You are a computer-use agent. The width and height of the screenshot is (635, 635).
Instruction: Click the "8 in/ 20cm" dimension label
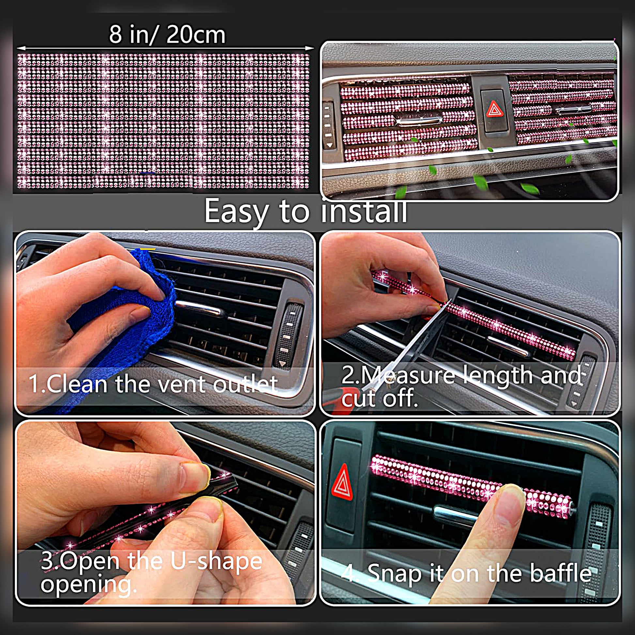(167, 35)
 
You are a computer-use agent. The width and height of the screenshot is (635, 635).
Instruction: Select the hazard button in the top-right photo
(494, 110)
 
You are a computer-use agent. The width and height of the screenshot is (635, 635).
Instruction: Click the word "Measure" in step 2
(408, 375)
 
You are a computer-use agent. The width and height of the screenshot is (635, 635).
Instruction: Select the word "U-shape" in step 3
(216, 561)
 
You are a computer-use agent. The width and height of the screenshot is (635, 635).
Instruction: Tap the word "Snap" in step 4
(395, 574)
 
